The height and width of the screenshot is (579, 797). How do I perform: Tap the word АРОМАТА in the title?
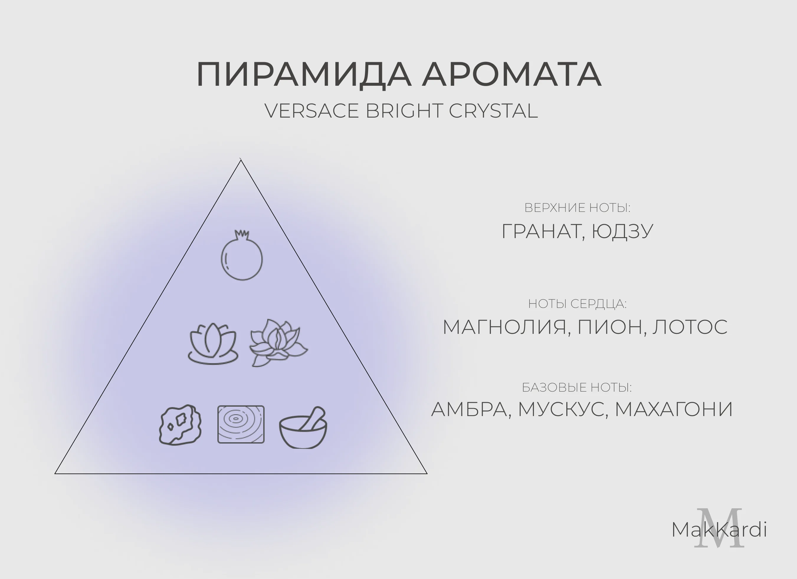point(512,75)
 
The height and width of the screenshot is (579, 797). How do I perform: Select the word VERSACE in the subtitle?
point(311,111)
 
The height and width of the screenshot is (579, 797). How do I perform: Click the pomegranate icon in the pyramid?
point(242,255)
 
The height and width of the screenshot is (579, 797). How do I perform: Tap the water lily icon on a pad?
point(213,344)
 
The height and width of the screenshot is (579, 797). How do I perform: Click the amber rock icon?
point(180,425)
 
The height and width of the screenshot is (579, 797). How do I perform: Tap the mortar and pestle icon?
point(303,428)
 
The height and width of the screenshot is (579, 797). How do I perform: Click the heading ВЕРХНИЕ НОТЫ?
point(577,208)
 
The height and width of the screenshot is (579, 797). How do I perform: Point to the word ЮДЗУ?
point(622,232)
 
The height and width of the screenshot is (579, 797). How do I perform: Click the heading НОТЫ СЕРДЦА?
point(577,304)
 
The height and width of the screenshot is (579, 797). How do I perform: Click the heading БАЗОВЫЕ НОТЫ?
point(577,388)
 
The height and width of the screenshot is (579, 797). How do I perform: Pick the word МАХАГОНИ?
point(674,409)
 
